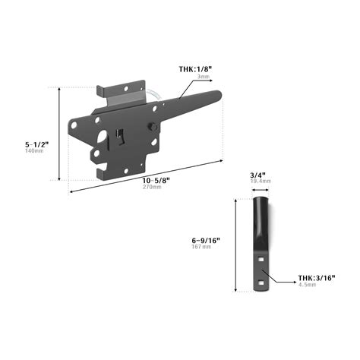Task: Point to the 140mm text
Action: [x=35, y=150]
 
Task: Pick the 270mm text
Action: [x=153, y=187]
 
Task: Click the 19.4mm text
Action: [x=261, y=182]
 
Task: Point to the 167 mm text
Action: [x=202, y=247]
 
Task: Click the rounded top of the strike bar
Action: [x=261, y=199]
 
